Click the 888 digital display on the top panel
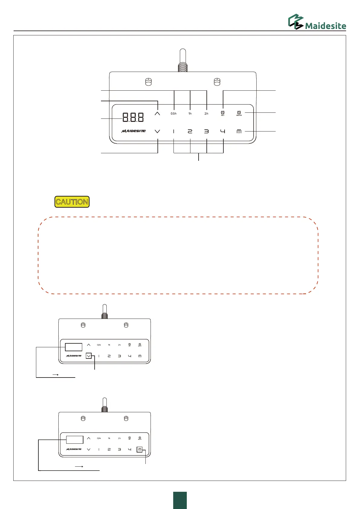[133, 117]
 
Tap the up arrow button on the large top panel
[157, 114]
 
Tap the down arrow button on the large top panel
[157, 131]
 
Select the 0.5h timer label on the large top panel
[174, 114]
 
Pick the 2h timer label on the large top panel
[206, 114]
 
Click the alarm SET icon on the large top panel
[223, 113]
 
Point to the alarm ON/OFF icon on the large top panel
[239, 113]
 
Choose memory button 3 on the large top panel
[206, 131]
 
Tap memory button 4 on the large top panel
[223, 131]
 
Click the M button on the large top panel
[239, 131]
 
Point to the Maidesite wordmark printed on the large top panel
[134, 131]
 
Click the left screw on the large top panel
[148, 82]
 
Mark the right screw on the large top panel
[217, 82]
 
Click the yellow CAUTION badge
[72, 202]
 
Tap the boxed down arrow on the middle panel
[89, 356]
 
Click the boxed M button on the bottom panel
[140, 449]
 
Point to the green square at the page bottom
[180, 500]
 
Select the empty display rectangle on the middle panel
[73, 347]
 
